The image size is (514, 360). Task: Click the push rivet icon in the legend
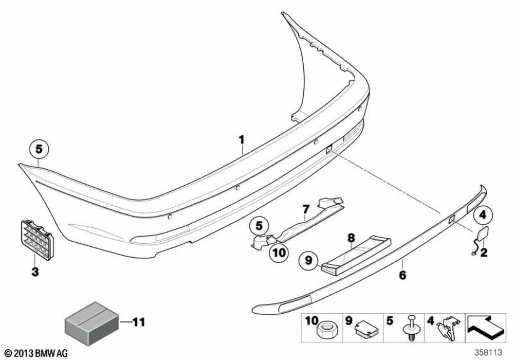point(409,328)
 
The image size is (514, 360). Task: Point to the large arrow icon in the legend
point(486,328)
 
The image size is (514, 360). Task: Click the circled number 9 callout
point(308,260)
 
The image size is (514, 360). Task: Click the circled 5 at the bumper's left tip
point(39,149)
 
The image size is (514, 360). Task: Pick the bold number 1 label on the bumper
point(241,140)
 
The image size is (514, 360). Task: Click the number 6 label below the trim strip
point(402,275)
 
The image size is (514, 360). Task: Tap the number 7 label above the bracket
point(306,209)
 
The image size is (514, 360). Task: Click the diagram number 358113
point(488,352)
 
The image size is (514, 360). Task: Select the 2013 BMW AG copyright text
point(36,353)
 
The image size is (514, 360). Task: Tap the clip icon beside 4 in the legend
point(447,328)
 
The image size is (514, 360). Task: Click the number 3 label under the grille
point(35,272)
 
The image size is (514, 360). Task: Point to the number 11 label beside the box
point(139,322)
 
